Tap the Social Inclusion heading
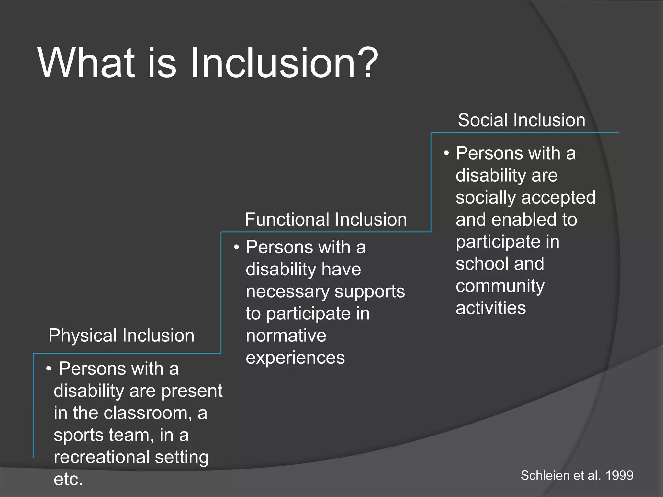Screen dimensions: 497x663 (x=521, y=120)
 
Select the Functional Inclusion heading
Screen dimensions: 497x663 (x=326, y=219)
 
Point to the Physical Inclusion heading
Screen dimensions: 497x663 (x=121, y=335)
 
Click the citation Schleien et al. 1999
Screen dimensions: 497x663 (x=577, y=475)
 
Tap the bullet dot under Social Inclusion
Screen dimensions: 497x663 (x=446, y=154)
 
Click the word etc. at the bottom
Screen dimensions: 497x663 (x=68, y=479)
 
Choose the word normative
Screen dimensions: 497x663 (x=286, y=336)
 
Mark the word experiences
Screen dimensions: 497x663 (x=295, y=358)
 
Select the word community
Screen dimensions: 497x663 (x=500, y=286)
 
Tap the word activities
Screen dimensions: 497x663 (x=490, y=308)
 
